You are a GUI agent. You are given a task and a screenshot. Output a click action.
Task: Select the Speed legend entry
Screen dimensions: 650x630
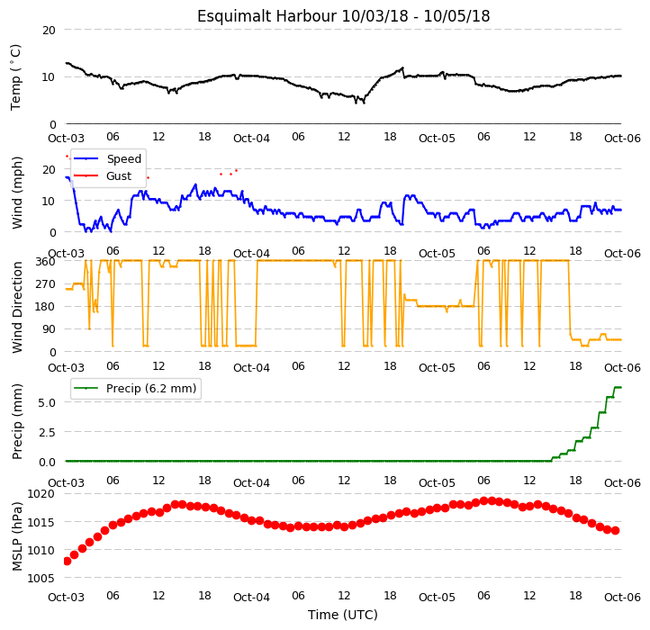point(107,158)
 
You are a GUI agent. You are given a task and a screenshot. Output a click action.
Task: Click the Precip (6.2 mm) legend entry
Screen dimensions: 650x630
point(135,389)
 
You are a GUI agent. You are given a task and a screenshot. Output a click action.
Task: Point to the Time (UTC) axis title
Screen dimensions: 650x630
point(343,615)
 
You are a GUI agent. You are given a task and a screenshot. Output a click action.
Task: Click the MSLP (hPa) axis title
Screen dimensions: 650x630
point(17,536)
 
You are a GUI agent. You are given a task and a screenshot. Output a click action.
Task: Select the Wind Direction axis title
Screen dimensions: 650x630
point(17,307)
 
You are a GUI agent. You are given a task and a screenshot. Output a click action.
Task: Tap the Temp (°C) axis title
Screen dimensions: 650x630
point(15,77)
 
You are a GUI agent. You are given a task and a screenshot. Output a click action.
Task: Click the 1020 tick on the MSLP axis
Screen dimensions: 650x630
point(41,493)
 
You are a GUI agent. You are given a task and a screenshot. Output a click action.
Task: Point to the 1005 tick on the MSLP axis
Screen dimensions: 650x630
point(41,578)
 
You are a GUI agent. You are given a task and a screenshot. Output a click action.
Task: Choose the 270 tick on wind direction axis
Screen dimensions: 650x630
point(45,284)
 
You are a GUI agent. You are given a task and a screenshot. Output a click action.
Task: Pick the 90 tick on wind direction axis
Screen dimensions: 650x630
point(49,329)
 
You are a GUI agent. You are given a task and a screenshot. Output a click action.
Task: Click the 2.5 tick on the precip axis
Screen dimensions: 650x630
point(47,432)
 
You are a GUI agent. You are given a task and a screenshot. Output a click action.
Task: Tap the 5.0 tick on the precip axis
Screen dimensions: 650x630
point(47,403)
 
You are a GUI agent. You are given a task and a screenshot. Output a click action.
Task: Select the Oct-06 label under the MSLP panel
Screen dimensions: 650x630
point(622,598)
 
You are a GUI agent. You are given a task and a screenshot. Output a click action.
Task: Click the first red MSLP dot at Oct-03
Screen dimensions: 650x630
point(68,562)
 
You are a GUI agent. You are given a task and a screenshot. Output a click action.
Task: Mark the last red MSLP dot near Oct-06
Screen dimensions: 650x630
point(616,530)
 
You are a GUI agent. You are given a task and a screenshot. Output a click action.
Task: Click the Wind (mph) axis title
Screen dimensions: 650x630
point(17,193)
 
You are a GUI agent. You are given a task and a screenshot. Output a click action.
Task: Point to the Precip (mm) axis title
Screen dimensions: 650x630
point(17,422)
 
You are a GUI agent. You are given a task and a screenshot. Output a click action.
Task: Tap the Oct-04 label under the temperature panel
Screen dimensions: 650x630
point(251,139)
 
